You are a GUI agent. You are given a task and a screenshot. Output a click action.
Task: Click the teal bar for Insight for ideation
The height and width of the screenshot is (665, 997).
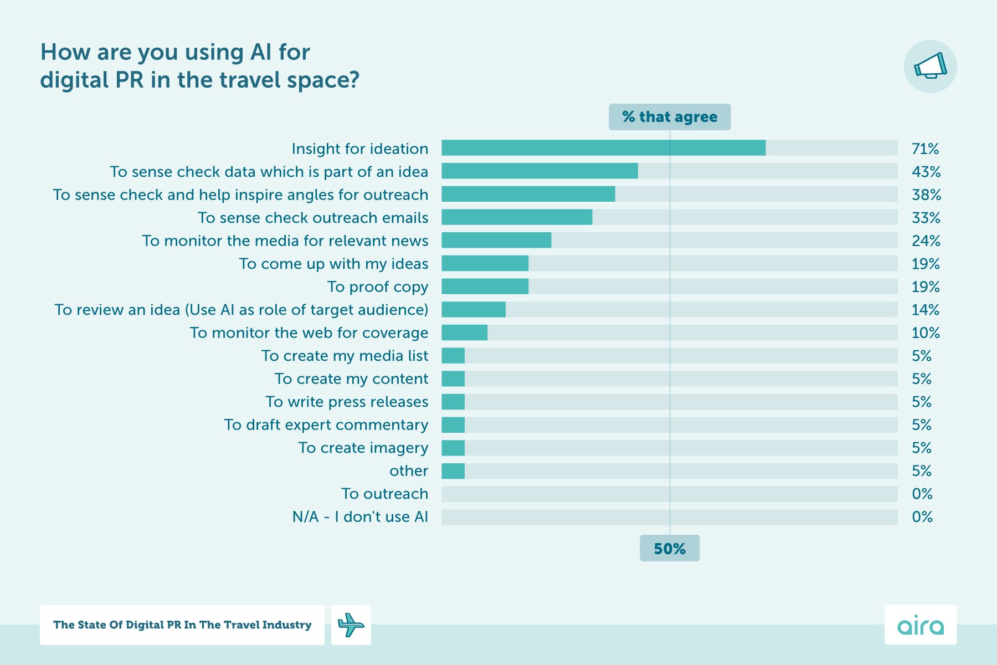(603, 148)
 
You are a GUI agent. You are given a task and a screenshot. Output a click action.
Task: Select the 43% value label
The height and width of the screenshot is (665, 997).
(926, 172)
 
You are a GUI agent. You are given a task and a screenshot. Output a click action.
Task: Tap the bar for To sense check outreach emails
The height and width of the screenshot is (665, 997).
(516, 217)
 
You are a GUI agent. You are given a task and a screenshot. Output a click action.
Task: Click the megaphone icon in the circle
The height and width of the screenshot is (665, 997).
(930, 66)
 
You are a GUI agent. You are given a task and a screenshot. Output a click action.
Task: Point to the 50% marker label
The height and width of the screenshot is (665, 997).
(669, 549)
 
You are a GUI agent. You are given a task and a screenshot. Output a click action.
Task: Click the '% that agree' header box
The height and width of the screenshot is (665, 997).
(669, 117)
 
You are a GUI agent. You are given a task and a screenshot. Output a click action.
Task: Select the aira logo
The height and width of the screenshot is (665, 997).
(920, 625)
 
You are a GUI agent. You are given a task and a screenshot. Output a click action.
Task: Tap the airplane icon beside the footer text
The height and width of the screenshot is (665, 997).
(351, 625)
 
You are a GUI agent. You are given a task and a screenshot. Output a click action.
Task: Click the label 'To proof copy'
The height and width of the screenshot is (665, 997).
(377, 287)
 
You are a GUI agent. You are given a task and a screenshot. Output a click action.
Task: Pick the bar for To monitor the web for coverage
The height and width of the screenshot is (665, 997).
(464, 332)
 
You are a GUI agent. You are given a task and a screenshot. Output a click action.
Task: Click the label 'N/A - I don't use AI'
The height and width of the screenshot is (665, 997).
(360, 517)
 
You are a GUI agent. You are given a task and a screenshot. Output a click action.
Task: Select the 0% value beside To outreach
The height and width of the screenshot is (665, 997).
(922, 494)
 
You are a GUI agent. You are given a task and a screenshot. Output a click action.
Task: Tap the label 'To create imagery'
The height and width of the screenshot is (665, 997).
(363, 448)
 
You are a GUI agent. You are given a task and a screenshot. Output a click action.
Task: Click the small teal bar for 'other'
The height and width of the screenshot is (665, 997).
(453, 471)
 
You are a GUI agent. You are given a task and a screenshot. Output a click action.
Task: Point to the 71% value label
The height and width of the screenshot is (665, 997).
(925, 149)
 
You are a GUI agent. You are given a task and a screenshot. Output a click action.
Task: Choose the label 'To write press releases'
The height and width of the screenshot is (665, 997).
(347, 402)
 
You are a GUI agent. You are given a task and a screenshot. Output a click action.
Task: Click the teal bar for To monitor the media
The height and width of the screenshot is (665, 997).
(496, 241)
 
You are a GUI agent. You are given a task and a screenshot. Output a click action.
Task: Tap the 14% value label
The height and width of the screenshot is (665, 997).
(925, 310)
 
